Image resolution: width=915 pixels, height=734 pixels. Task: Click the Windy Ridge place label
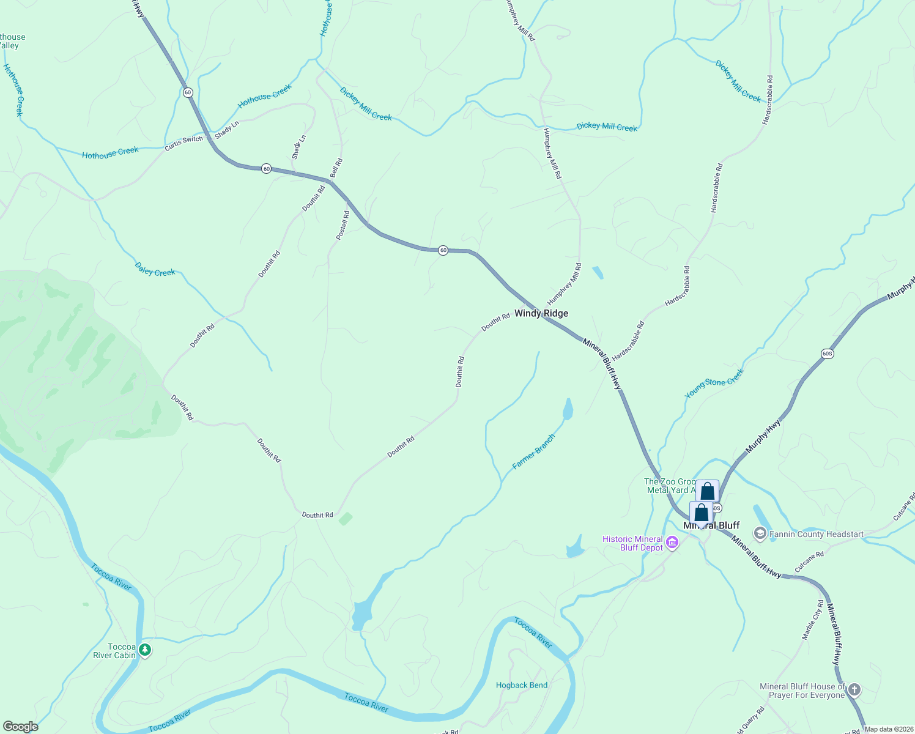click(x=541, y=313)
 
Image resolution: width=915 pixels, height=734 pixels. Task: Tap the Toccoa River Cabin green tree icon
click(x=145, y=650)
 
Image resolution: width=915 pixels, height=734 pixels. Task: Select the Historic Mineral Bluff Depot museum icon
click(x=672, y=543)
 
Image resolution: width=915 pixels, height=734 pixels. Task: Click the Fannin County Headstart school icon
click(x=760, y=534)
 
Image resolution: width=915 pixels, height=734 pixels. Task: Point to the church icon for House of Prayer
click(x=854, y=690)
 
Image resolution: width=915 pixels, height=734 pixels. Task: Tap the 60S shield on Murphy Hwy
click(x=827, y=354)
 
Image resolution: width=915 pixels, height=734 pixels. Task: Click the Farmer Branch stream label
click(x=534, y=452)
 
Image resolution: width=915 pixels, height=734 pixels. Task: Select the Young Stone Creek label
click(x=714, y=384)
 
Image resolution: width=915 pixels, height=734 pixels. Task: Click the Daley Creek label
click(x=155, y=269)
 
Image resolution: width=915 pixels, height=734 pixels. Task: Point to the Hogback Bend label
click(x=522, y=685)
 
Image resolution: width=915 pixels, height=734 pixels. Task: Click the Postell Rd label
click(x=343, y=225)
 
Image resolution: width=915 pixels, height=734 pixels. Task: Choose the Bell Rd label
click(x=336, y=168)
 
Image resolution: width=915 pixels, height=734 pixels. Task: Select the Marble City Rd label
click(x=813, y=620)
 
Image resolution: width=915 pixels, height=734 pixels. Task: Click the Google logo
click(x=20, y=727)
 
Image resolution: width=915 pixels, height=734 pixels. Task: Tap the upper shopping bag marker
click(x=708, y=491)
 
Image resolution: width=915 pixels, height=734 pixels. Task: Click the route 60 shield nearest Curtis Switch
click(x=188, y=92)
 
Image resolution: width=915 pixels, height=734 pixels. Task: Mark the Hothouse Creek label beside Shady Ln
click(x=265, y=97)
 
